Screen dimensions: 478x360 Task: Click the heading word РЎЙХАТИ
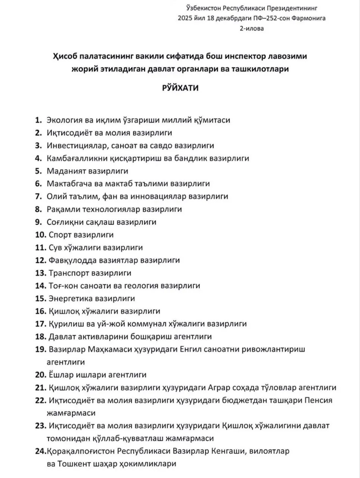click(x=180, y=88)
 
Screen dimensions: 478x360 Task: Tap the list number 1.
click(x=38, y=120)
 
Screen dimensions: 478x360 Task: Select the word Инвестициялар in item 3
click(x=73, y=146)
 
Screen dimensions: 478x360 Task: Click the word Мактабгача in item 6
click(x=69, y=184)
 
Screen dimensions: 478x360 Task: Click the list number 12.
click(x=40, y=260)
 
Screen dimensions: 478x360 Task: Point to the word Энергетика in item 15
click(x=71, y=298)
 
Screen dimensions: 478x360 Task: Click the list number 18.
click(x=40, y=336)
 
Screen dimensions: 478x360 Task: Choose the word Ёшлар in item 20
click(x=60, y=375)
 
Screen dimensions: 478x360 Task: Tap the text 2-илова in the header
click(x=251, y=28)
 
